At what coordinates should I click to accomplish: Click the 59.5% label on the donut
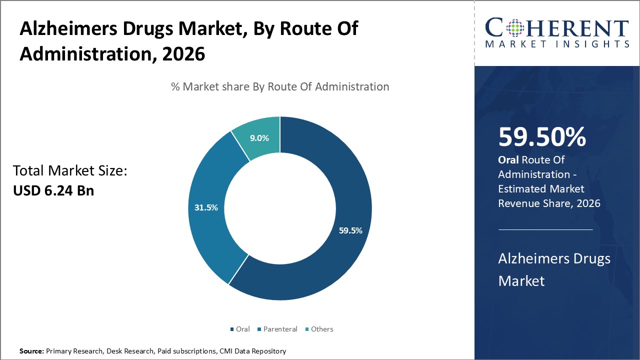[350, 230]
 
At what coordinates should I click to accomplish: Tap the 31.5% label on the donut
[206, 207]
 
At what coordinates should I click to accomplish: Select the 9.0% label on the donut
[259, 138]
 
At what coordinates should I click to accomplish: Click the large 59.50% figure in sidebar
[542, 137]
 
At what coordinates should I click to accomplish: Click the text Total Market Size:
[70, 171]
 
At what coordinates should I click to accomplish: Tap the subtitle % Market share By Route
[280, 86]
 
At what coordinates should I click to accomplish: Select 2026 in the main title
[183, 54]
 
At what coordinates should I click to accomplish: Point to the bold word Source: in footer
[32, 351]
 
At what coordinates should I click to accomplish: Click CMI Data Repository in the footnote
[252, 351]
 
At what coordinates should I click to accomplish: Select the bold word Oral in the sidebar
[508, 160]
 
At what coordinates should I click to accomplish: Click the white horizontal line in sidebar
[545, 229]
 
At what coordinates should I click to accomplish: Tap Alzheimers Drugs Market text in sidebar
[554, 269]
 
